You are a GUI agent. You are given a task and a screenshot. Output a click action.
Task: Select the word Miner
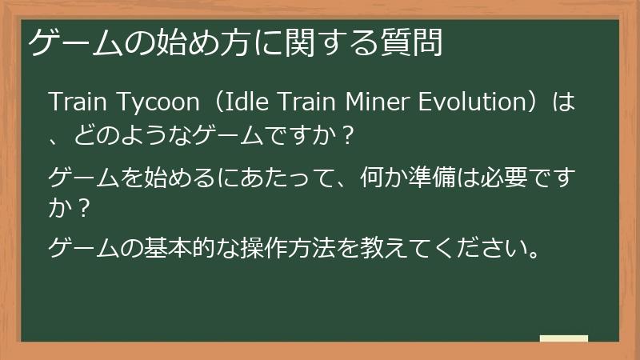tap(374, 105)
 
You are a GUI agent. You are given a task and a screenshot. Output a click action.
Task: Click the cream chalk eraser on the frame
tap(563, 338)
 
